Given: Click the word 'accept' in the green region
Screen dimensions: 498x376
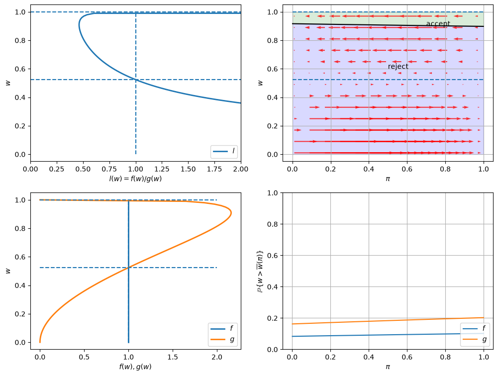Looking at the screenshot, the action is click(x=438, y=23).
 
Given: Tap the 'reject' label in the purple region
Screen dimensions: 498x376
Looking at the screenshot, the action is click(x=398, y=66).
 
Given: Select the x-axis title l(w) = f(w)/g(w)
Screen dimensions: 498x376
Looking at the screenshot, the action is click(x=136, y=179).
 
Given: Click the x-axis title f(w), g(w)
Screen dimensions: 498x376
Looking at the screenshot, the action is click(x=136, y=367).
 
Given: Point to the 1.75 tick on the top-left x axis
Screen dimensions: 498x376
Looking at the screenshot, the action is click(x=214, y=169).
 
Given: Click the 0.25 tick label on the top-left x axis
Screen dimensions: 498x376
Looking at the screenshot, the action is click(x=57, y=169).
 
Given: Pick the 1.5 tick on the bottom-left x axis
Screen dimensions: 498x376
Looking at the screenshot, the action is click(x=173, y=357).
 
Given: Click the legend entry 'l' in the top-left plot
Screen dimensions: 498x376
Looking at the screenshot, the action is click(x=224, y=151).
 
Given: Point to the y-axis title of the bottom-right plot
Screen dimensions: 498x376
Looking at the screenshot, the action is click(x=260, y=271).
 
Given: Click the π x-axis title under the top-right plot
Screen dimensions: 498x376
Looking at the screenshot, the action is click(x=388, y=179).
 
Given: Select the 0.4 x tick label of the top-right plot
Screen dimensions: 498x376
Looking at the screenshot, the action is click(x=369, y=169).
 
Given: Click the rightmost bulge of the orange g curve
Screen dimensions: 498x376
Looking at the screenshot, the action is click(x=231, y=213).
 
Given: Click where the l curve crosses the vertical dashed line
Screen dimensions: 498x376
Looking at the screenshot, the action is click(x=136, y=80).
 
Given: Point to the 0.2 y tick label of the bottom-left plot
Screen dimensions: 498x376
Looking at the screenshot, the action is click(x=21, y=314).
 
